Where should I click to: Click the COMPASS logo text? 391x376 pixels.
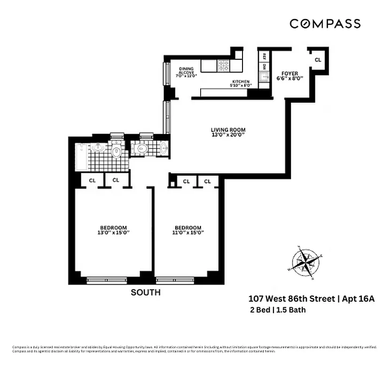click(x=325, y=23)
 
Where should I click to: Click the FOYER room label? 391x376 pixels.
click(x=290, y=73)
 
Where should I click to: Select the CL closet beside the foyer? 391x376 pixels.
click(x=318, y=60)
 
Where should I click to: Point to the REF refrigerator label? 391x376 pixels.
click(x=264, y=56)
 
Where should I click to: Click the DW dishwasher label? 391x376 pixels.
click(x=264, y=67)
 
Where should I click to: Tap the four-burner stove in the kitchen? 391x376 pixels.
click(x=223, y=65)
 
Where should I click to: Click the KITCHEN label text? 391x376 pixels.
click(x=241, y=82)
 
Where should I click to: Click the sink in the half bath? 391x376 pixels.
click(x=163, y=149)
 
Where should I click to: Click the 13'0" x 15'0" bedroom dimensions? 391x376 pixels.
click(x=113, y=232)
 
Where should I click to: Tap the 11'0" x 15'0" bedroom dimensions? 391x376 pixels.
click(x=188, y=232)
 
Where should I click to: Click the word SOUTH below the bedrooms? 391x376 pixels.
click(x=145, y=292)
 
